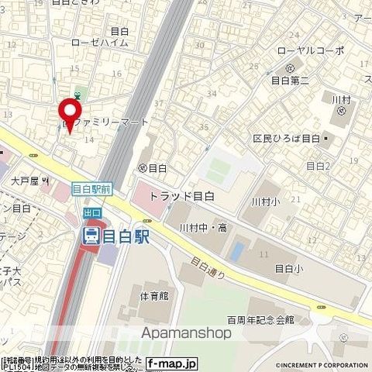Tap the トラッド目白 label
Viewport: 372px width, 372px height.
coord(182,198)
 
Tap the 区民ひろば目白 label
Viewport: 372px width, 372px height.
coord(286,139)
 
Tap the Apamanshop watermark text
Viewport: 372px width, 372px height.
coord(185,333)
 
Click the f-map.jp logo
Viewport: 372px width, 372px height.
coord(171,363)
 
